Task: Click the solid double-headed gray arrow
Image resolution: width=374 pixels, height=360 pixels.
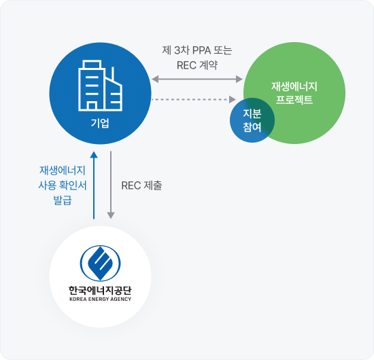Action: pyautogui.click(x=197, y=79)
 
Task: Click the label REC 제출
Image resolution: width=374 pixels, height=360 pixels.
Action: pyautogui.click(x=141, y=185)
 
